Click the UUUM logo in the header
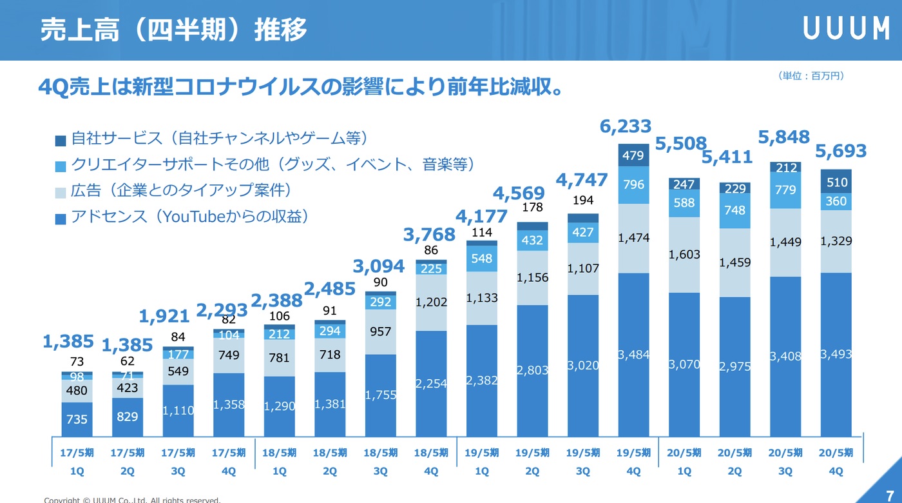(846, 29)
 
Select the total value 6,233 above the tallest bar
(626, 126)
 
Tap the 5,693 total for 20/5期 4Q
(841, 152)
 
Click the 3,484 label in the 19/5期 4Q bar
(633, 355)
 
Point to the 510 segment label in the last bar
(836, 182)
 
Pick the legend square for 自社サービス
(61, 140)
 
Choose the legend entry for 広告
(181, 191)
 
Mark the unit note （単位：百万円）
(811, 76)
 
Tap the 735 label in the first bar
(77, 419)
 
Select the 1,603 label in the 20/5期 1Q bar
(684, 254)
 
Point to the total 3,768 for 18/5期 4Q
(429, 235)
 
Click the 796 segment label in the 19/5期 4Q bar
(633, 184)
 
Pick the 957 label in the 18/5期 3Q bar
(381, 331)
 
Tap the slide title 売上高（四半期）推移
(174, 30)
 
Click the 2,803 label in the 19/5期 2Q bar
(532, 370)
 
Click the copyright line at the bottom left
(132, 500)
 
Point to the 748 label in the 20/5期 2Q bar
(734, 210)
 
